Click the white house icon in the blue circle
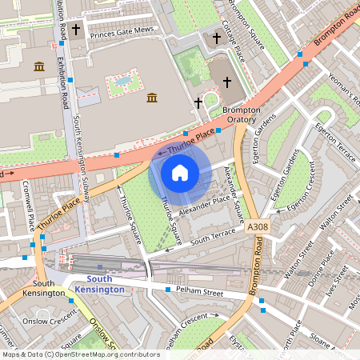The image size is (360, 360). [180, 172]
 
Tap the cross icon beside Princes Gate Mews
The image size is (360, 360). [76, 30]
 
